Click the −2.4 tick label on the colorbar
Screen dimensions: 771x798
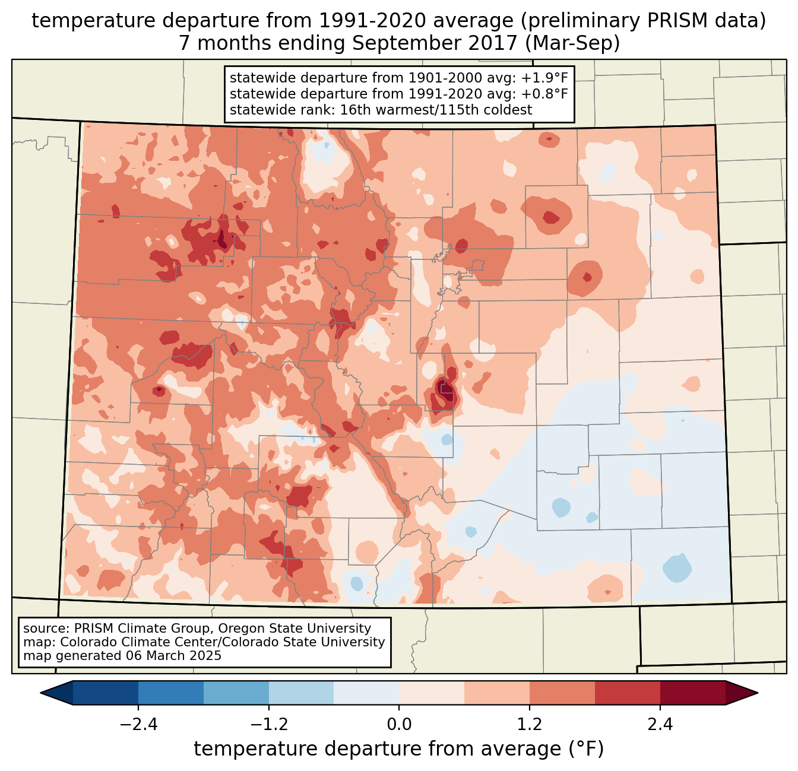pyautogui.click(x=138, y=725)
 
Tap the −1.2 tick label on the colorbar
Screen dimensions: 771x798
pyautogui.click(x=268, y=725)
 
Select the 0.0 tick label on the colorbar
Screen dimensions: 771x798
pyautogui.click(x=399, y=725)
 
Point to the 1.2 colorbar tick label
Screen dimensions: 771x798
pyautogui.click(x=530, y=725)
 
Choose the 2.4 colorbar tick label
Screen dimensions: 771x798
pyautogui.click(x=660, y=725)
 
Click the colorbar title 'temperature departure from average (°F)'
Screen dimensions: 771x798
pyautogui.click(x=399, y=749)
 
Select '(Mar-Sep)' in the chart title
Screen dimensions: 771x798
pyautogui.click(x=574, y=43)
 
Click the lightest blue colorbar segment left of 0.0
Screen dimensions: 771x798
pyautogui.click(x=366, y=693)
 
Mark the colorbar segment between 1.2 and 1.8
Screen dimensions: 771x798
pyautogui.click(x=562, y=693)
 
